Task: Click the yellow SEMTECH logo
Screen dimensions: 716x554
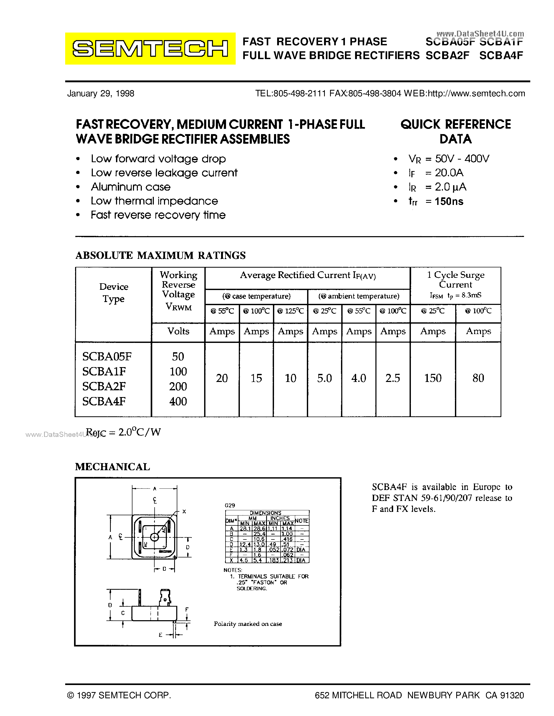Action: click(x=150, y=48)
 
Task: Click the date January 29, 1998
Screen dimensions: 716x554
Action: click(x=100, y=93)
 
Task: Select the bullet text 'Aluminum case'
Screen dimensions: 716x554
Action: click(x=131, y=187)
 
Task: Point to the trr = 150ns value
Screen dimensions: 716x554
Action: click(x=436, y=201)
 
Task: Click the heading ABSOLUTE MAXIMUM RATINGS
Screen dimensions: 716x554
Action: click(x=161, y=255)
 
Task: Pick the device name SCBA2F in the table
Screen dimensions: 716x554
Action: click(x=104, y=386)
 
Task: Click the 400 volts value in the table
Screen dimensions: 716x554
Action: click(x=178, y=401)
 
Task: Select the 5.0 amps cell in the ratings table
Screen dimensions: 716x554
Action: click(x=324, y=378)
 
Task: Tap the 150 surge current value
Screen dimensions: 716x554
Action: click(x=433, y=378)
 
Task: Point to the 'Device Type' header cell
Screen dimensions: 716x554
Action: click(x=114, y=293)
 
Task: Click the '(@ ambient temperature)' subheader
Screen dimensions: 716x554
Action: click(x=359, y=296)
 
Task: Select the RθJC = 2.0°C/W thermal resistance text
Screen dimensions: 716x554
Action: click(x=123, y=432)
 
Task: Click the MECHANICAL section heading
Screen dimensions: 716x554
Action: click(x=113, y=467)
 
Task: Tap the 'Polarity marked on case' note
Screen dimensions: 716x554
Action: click(x=248, y=624)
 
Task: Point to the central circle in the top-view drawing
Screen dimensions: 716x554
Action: click(x=154, y=537)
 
